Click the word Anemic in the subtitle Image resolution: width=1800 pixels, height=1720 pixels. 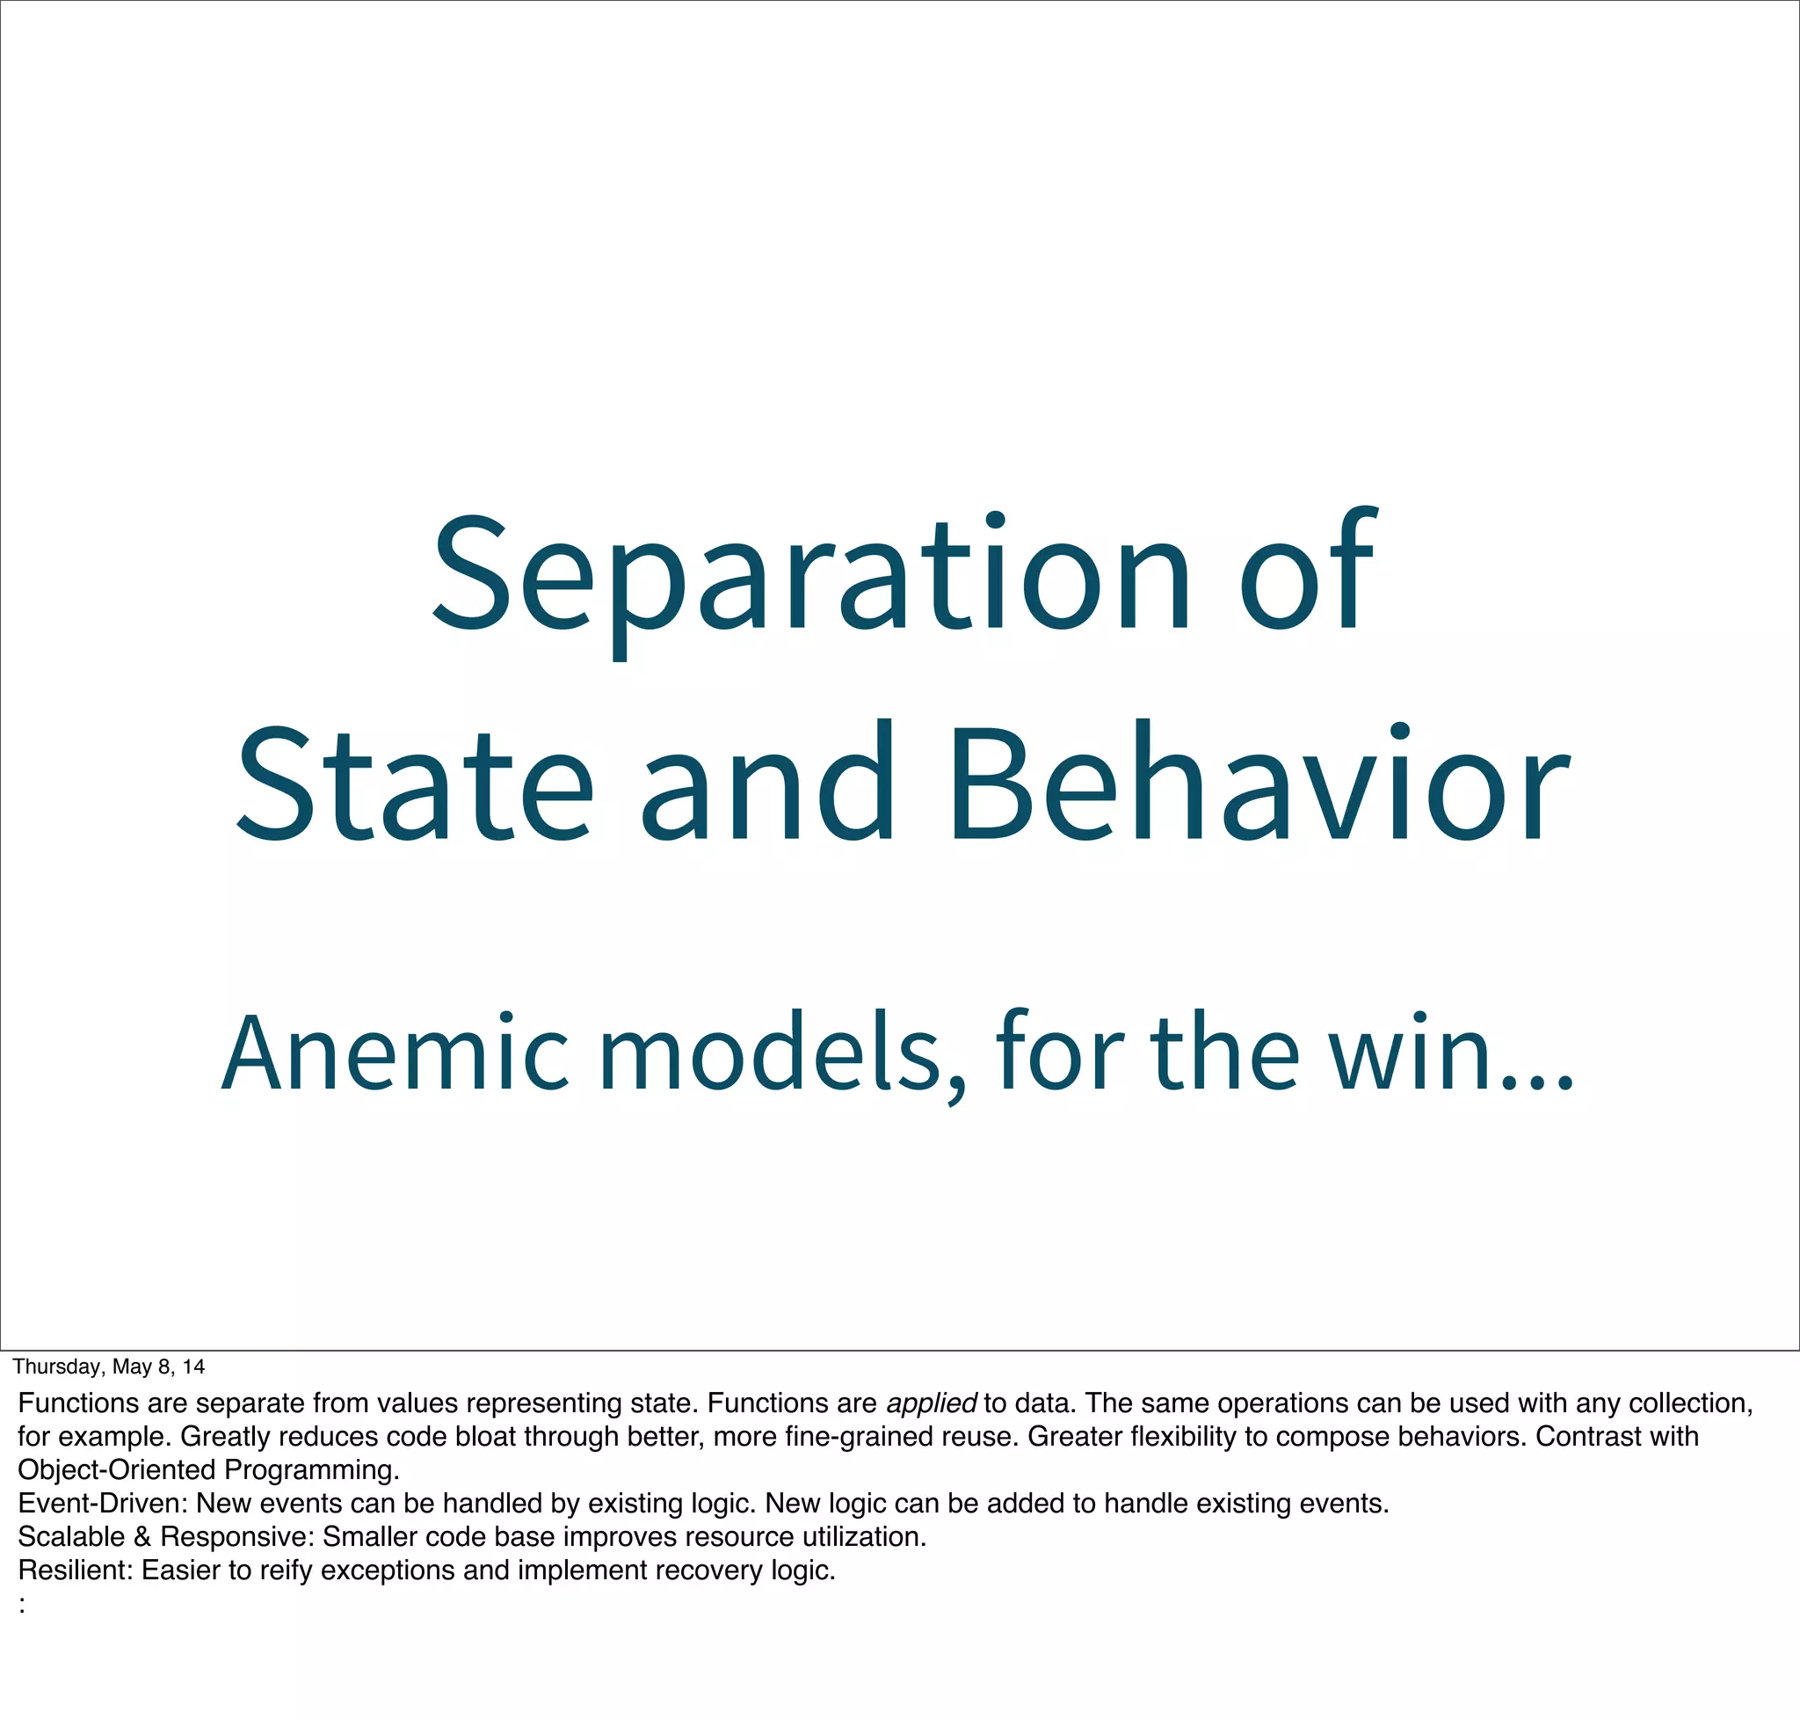point(394,1054)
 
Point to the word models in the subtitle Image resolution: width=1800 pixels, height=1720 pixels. point(770,1054)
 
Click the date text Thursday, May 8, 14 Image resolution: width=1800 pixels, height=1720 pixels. point(108,1367)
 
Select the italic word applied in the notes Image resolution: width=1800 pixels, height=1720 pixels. point(930,1403)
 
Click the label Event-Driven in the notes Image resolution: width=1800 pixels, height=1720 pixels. point(102,1504)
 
